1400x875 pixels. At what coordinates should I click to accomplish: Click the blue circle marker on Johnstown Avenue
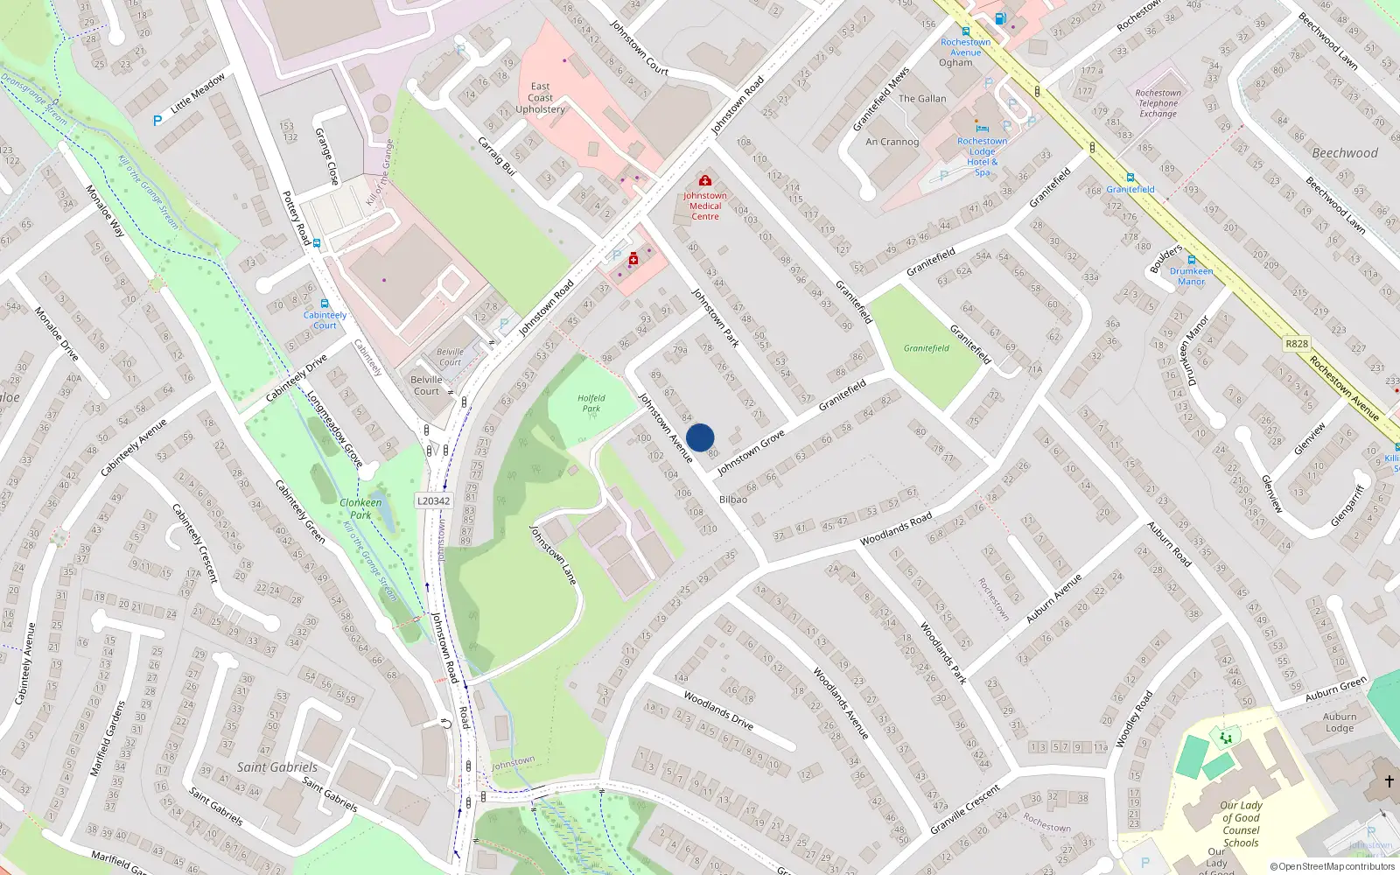[700, 437]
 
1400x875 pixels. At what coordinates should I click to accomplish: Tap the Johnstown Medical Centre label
[705, 206]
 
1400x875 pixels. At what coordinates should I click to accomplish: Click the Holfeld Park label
[591, 403]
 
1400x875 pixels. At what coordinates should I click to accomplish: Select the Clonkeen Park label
[360, 508]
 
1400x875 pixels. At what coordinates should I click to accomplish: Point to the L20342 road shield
[434, 501]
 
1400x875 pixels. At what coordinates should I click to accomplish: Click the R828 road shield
[1297, 344]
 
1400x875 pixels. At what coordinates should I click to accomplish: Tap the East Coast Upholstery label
[540, 98]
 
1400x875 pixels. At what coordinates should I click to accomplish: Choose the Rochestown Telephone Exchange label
[1158, 103]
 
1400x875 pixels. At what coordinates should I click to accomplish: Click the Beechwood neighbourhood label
[1344, 153]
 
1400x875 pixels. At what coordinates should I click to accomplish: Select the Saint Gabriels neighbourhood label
[277, 767]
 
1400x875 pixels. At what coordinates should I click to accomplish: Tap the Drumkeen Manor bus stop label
[1191, 276]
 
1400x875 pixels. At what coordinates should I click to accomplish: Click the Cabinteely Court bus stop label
[325, 320]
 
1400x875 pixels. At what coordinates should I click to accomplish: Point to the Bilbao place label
[733, 500]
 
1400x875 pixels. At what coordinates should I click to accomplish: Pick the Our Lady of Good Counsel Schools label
[1241, 824]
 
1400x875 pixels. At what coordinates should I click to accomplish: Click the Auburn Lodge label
[1339, 723]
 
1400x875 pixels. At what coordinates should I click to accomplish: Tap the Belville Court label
[427, 385]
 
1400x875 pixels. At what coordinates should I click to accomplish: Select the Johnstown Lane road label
[553, 555]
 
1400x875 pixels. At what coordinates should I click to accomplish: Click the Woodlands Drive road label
[718, 710]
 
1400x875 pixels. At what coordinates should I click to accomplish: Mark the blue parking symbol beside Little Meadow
[157, 122]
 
